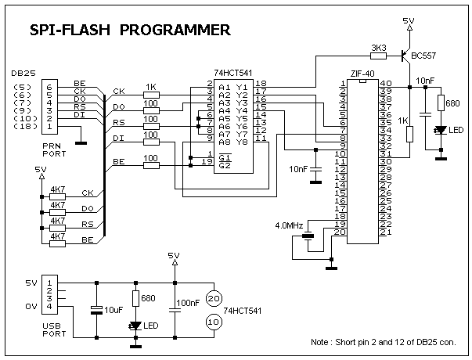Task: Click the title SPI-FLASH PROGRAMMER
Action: (x=130, y=31)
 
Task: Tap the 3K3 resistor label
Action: (x=378, y=48)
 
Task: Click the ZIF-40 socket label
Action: (x=361, y=73)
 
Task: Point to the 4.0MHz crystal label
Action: (x=290, y=225)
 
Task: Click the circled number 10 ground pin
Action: (x=213, y=322)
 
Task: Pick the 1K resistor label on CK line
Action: (x=151, y=87)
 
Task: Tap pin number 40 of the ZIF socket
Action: (x=385, y=83)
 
